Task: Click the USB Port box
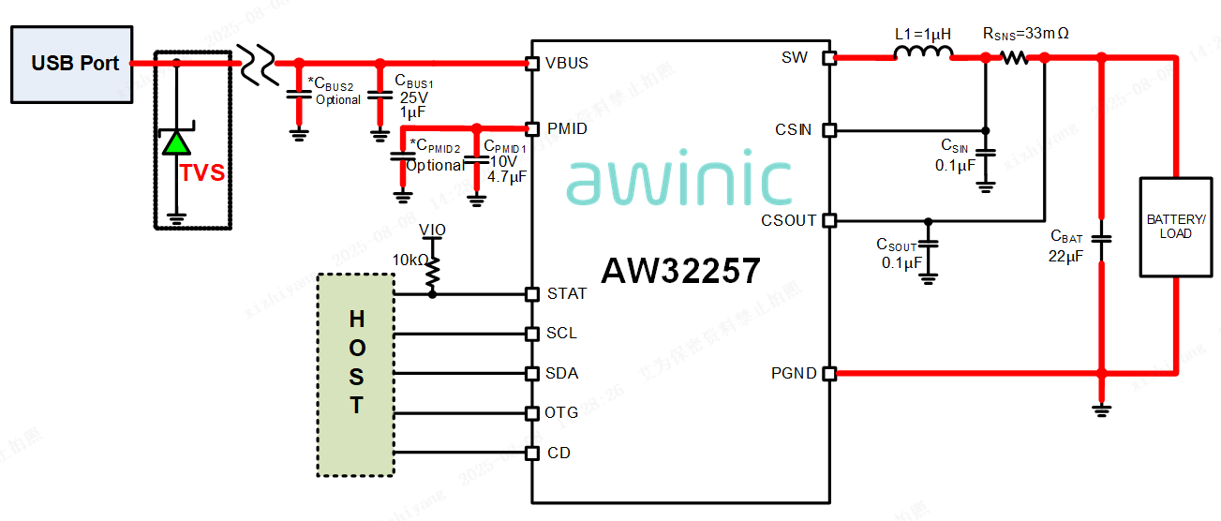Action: click(72, 64)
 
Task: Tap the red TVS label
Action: click(202, 173)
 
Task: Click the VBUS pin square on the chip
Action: click(532, 64)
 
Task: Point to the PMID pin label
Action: click(567, 128)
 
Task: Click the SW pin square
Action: click(828, 58)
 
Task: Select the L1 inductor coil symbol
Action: click(922, 56)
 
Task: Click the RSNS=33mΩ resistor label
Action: click(1025, 34)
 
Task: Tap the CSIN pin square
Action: click(828, 130)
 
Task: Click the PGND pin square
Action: click(828, 374)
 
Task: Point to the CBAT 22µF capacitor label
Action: click(1066, 246)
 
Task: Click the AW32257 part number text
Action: click(680, 272)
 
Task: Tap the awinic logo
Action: click(679, 180)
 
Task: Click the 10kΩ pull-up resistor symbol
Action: click(432, 273)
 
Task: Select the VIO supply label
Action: click(432, 230)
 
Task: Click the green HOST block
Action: click(356, 374)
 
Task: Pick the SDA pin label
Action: click(562, 373)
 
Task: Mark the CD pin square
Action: click(532, 454)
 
